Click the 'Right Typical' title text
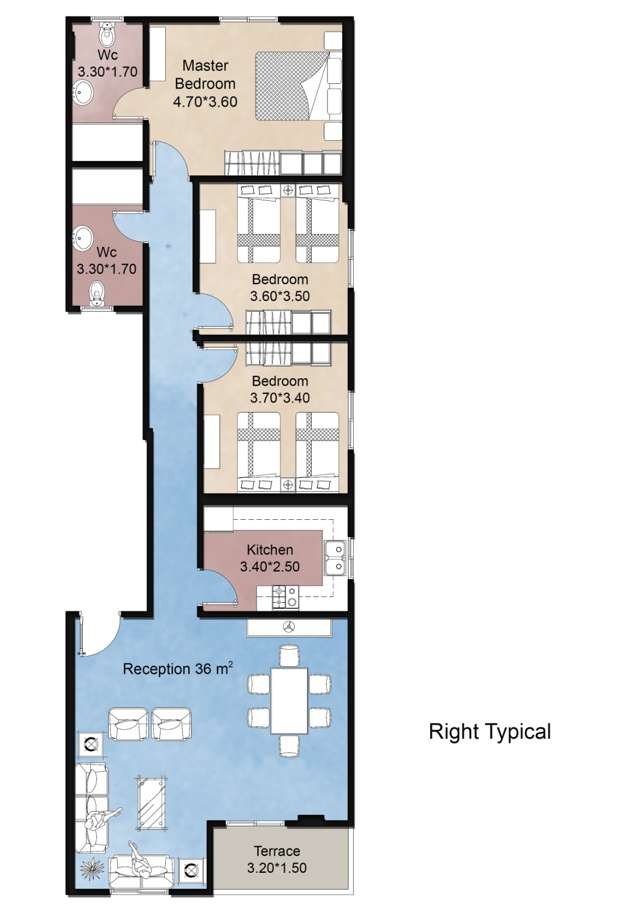[490, 732]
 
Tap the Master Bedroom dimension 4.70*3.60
[205, 102]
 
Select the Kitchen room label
[270, 550]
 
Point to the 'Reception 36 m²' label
[178, 668]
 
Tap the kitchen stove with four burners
[286, 597]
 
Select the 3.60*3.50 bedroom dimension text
[280, 296]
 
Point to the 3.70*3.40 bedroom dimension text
[280, 398]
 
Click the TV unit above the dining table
[289, 627]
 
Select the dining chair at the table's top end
[289, 655]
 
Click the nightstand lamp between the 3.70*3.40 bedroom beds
[288, 485]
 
